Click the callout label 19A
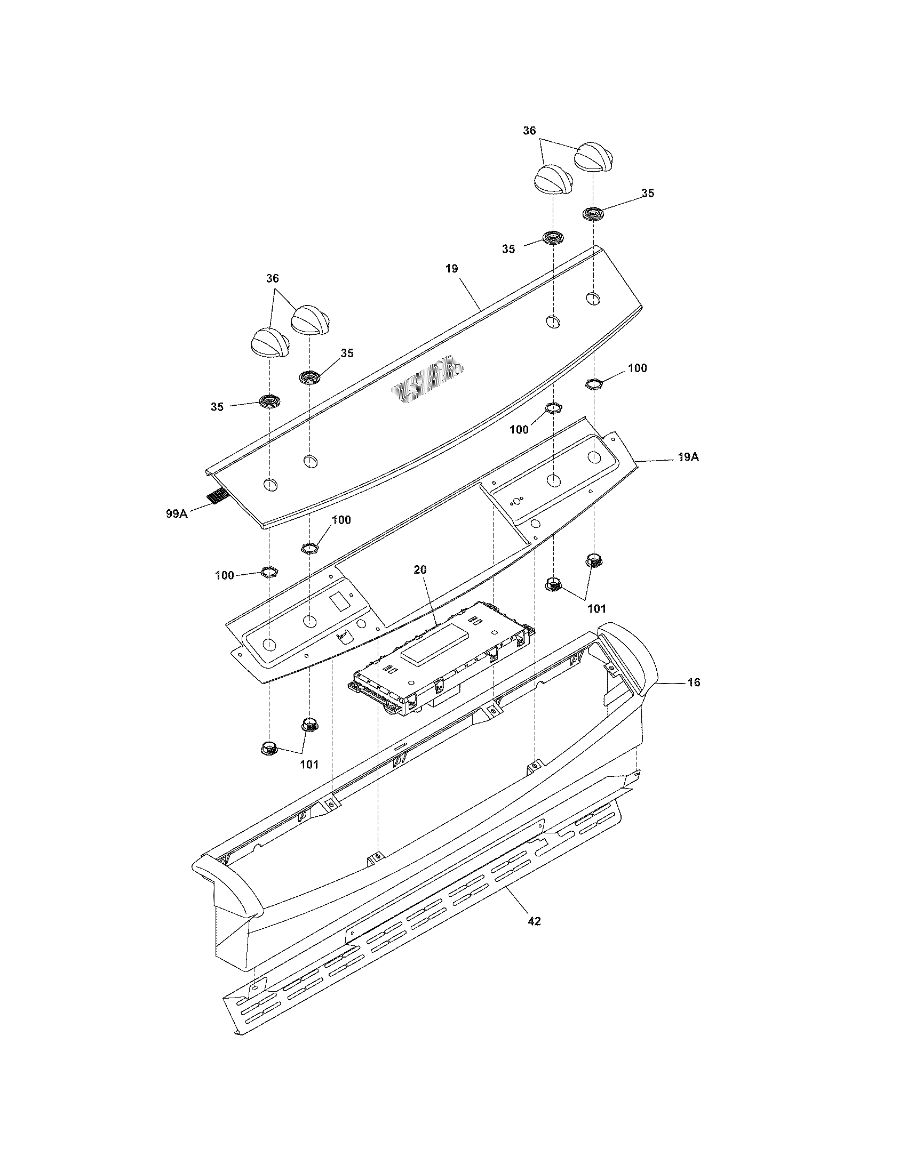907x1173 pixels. pos(688,457)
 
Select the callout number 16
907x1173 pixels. pos(694,682)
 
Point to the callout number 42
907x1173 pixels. pos(534,921)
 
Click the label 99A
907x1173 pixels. pos(176,513)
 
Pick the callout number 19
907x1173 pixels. pos(451,269)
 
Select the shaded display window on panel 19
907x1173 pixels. pos(428,382)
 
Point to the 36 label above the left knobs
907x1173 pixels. pos(273,278)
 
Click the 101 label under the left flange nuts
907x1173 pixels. pos(309,764)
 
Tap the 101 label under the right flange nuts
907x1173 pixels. pos(596,608)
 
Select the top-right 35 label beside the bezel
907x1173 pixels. pos(648,194)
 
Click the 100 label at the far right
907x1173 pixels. pos(637,368)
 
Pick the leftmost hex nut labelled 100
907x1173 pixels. pos(269,571)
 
